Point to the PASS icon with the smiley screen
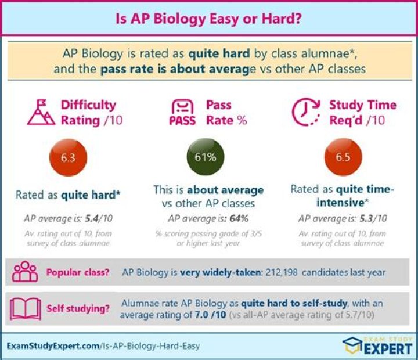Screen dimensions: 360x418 pos(182,113)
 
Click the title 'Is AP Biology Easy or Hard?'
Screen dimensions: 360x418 pos(209,19)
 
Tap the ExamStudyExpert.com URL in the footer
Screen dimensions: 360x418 pos(103,345)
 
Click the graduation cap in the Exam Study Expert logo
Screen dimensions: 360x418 pos(353,345)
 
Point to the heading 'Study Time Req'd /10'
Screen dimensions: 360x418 pos(362,113)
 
